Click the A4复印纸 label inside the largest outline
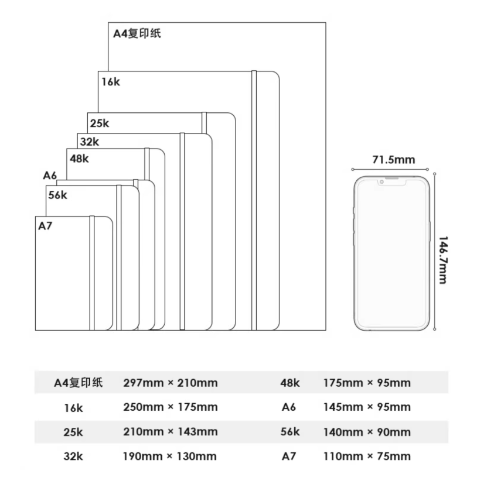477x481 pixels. click(137, 33)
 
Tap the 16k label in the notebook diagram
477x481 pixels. click(111, 82)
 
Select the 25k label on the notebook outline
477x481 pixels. click(100, 123)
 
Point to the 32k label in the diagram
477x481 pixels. click(90, 142)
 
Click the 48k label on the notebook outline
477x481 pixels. click(79, 159)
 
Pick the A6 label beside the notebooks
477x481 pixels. click(50, 176)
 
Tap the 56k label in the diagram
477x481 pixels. click(57, 195)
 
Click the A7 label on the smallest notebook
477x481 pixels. click(45, 226)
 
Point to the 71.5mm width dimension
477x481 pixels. click(393, 160)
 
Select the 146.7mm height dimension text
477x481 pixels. click(442, 260)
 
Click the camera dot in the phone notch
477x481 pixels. click(382, 182)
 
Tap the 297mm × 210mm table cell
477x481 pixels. click(171, 383)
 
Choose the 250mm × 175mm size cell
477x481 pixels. click(171, 407)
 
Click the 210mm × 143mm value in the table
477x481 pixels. click(171, 432)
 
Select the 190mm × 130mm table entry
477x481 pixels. click(170, 456)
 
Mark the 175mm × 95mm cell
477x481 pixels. click(367, 383)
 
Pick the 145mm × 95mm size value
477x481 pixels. click(367, 407)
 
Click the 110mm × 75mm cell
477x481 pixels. click(367, 456)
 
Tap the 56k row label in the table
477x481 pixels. click(290, 432)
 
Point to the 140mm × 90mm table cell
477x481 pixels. click(367, 432)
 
